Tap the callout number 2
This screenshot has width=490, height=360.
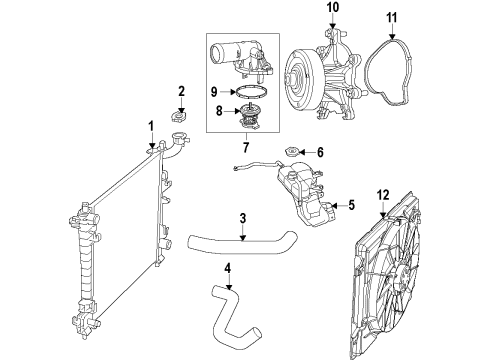(181, 92)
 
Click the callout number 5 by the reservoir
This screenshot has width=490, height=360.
(350, 207)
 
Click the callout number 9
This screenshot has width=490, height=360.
(213, 92)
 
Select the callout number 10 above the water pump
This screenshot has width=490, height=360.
(332, 10)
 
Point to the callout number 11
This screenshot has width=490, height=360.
(391, 17)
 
